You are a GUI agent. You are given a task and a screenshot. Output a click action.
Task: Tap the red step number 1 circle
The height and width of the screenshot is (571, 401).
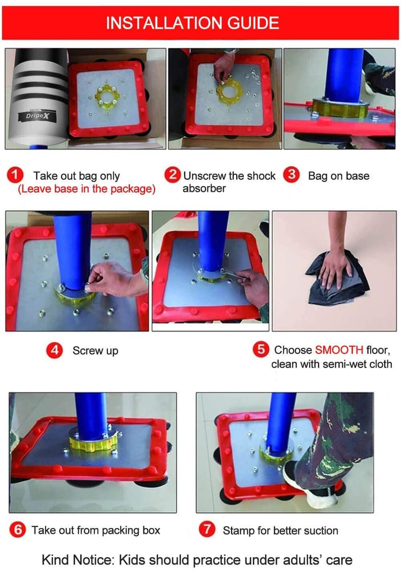pos(15,176)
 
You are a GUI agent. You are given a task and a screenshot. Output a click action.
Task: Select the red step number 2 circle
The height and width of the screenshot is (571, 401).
pos(173,175)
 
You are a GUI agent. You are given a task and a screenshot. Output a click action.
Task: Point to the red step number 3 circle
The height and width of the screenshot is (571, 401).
pos(292,175)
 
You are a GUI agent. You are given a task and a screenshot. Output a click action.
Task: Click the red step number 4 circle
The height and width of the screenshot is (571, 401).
pos(54,350)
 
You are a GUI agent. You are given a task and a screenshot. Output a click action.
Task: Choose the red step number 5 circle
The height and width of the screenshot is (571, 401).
pos(261,349)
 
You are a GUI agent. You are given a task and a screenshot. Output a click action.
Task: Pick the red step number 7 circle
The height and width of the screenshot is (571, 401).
pos(207,530)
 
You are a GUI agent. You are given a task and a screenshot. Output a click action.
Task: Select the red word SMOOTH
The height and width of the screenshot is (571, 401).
pos(339,350)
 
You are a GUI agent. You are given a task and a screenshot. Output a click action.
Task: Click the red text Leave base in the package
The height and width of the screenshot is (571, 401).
pos(87,189)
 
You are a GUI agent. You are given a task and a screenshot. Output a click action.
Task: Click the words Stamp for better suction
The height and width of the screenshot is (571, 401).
pos(280,531)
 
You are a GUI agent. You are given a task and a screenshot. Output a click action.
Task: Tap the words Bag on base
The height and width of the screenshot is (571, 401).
pos(338,176)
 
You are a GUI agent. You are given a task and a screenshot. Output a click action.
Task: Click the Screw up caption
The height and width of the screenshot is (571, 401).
pos(95,351)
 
